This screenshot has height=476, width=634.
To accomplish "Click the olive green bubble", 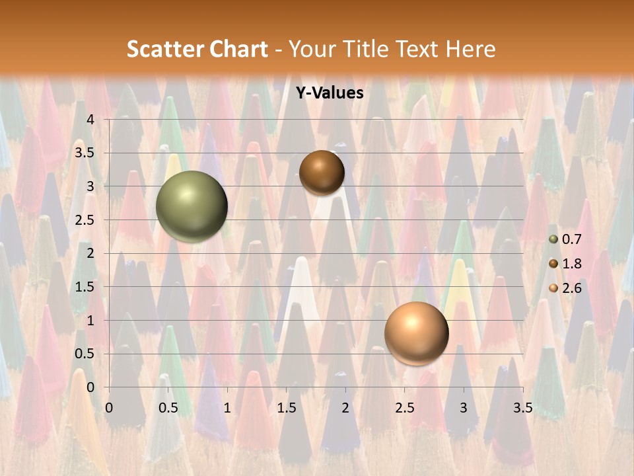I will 192,206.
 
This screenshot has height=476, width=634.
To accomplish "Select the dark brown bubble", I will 322,173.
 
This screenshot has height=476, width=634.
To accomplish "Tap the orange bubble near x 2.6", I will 416,333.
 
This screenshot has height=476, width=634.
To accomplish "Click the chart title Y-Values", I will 329,93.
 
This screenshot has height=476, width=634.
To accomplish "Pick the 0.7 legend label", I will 571,240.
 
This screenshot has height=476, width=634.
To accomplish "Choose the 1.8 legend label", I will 571,264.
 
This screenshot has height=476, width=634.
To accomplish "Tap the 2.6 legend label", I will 571,288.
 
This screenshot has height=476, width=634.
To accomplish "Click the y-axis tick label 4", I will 90,120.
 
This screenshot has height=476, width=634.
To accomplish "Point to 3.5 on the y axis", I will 85,153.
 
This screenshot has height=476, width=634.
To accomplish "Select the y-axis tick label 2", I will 90,253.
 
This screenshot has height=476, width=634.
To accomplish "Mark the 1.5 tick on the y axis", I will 85,287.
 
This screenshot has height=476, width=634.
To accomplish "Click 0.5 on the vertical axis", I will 85,354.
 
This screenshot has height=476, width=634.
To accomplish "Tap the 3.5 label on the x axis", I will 522,408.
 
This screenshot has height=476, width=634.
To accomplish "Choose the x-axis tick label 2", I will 345,408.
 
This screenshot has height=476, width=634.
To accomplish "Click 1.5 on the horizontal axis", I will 286,408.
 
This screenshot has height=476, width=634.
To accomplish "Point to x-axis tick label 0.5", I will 168,408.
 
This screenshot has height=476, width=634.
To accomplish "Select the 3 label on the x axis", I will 464,408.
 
